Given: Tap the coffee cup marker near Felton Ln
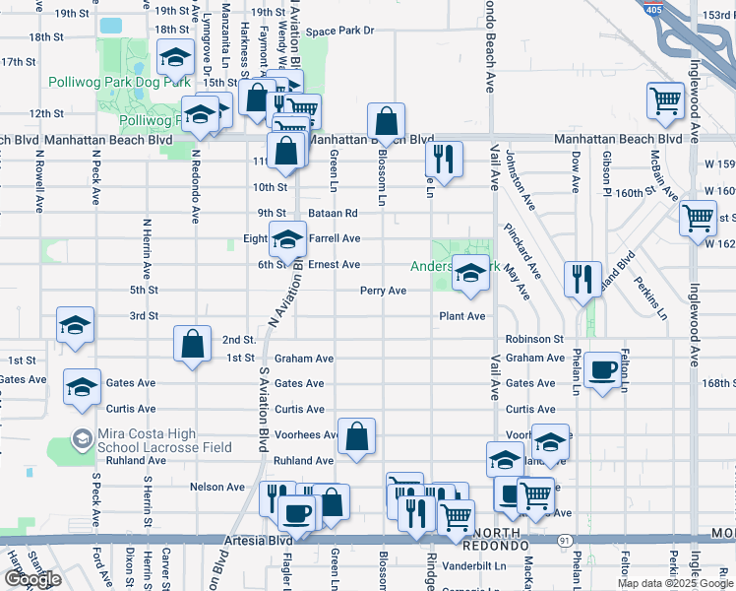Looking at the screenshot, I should point(602,370).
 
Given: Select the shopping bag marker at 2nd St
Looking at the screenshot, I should point(192,344).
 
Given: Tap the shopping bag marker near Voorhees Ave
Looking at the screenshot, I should point(356,436).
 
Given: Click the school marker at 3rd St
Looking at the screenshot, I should point(75,326).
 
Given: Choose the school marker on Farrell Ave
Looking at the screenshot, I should point(287,238).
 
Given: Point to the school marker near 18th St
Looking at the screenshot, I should point(174,60).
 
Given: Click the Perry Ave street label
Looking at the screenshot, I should point(383,291).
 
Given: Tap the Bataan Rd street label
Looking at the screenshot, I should point(335,212).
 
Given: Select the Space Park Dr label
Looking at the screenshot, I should point(339,31).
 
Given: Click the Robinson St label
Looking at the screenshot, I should point(533,339).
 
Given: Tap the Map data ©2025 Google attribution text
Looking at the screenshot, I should point(675,583).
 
